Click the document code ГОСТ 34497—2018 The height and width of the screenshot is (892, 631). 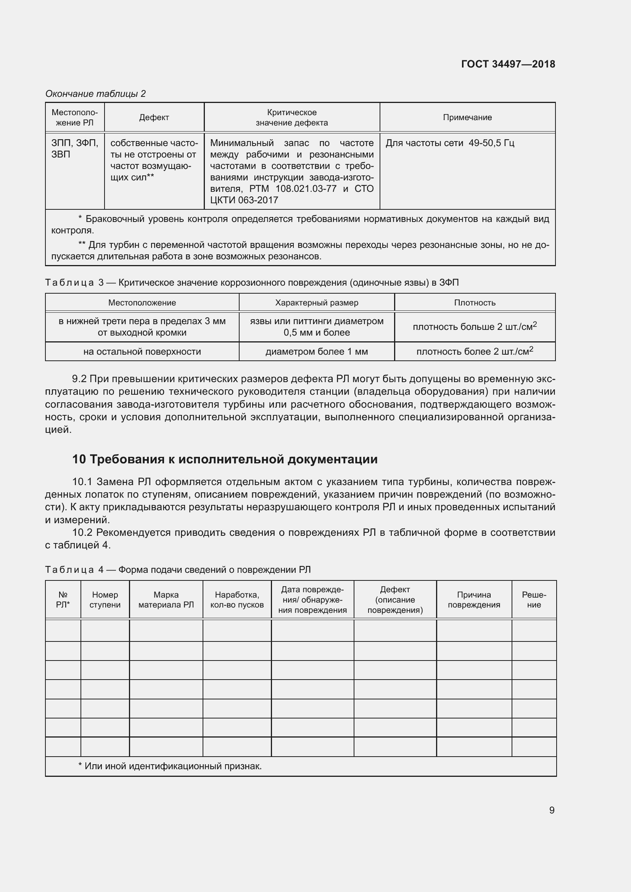click(x=508, y=64)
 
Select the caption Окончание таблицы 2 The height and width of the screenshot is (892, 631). click(x=96, y=94)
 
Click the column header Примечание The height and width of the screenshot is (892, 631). click(x=467, y=117)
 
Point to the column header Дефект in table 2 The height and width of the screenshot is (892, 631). click(x=154, y=117)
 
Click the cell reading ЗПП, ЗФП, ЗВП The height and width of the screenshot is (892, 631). click(x=75, y=149)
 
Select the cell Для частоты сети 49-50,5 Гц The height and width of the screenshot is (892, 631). click(x=449, y=143)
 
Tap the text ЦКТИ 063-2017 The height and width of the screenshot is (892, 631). click(x=244, y=200)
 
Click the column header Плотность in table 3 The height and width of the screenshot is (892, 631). click(x=475, y=303)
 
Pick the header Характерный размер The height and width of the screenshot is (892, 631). click(x=316, y=303)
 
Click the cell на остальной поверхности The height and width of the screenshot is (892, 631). click(x=142, y=352)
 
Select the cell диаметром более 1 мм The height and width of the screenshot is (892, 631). click(x=316, y=352)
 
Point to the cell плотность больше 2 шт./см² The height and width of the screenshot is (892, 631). click(x=475, y=327)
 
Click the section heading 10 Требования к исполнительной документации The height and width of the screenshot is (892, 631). click(x=225, y=459)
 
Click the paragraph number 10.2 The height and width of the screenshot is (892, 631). click(x=82, y=532)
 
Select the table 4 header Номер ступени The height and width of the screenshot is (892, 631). click(x=105, y=599)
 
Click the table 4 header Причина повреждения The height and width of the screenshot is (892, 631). click(x=474, y=599)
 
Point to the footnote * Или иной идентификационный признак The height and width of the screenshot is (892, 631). click(x=170, y=766)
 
